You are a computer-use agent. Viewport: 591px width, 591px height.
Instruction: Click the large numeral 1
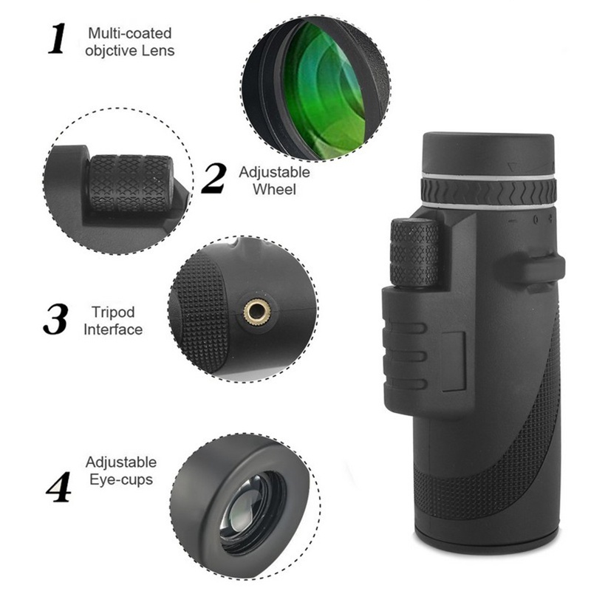point(58,38)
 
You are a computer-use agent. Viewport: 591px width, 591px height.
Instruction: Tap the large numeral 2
point(213,179)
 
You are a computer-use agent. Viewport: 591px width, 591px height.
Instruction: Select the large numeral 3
point(55,319)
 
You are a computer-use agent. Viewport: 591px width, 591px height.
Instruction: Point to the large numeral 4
point(59,486)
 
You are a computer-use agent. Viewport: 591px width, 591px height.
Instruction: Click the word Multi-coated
point(130,33)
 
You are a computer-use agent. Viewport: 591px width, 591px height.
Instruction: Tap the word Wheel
point(274,189)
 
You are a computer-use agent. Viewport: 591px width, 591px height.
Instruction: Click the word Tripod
point(113,312)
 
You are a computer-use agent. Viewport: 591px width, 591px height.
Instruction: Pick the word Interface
point(113,329)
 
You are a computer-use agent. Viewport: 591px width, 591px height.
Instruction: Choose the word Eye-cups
point(121,479)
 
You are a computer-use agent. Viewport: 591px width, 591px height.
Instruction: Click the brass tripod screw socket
point(256,311)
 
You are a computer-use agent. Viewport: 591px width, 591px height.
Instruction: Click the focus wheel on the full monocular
point(414,253)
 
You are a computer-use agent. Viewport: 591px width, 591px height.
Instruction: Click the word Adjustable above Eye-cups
point(121,463)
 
